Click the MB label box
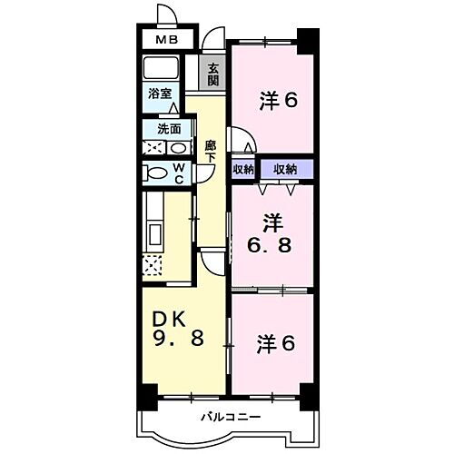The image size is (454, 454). (x=165, y=40)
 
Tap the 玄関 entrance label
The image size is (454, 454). (x=212, y=74)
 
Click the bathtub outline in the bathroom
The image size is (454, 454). (x=164, y=69)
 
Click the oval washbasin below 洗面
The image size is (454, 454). (x=177, y=147)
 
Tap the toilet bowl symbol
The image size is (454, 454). (x=154, y=173)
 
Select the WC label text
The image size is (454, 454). (x=179, y=173)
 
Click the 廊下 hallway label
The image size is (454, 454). (x=211, y=151)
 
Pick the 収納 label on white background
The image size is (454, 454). (x=242, y=168)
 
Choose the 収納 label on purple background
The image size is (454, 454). (x=285, y=168)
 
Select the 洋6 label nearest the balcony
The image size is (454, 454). (x=275, y=344)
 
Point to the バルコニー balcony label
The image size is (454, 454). (x=231, y=417)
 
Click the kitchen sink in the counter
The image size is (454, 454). (x=152, y=232)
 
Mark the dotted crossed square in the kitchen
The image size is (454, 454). (x=153, y=265)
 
